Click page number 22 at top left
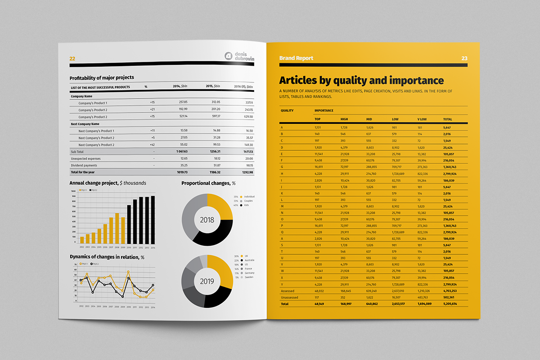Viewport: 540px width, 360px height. point(72,58)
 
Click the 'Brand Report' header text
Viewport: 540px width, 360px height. point(296,58)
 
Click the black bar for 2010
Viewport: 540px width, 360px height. point(130,224)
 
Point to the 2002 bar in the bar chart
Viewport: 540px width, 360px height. point(82,239)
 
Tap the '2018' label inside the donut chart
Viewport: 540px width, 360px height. point(207,220)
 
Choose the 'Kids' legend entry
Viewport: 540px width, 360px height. point(246,205)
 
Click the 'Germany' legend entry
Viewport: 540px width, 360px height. point(249,273)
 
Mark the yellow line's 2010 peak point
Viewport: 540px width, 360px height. point(128,271)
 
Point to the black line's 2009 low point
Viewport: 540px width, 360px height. point(123,296)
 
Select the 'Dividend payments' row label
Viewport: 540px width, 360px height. point(83,165)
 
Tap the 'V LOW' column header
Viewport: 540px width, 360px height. point(422,119)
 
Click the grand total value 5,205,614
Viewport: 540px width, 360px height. point(450,304)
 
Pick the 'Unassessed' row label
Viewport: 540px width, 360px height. point(290,297)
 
